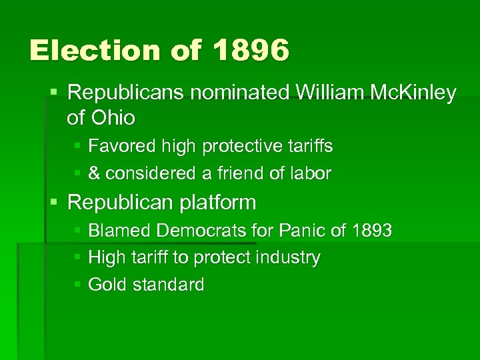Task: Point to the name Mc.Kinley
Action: (x=414, y=93)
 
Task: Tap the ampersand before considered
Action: (x=94, y=173)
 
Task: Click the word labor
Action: (x=309, y=173)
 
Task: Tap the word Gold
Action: (x=107, y=285)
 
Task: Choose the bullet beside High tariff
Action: (x=77, y=257)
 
